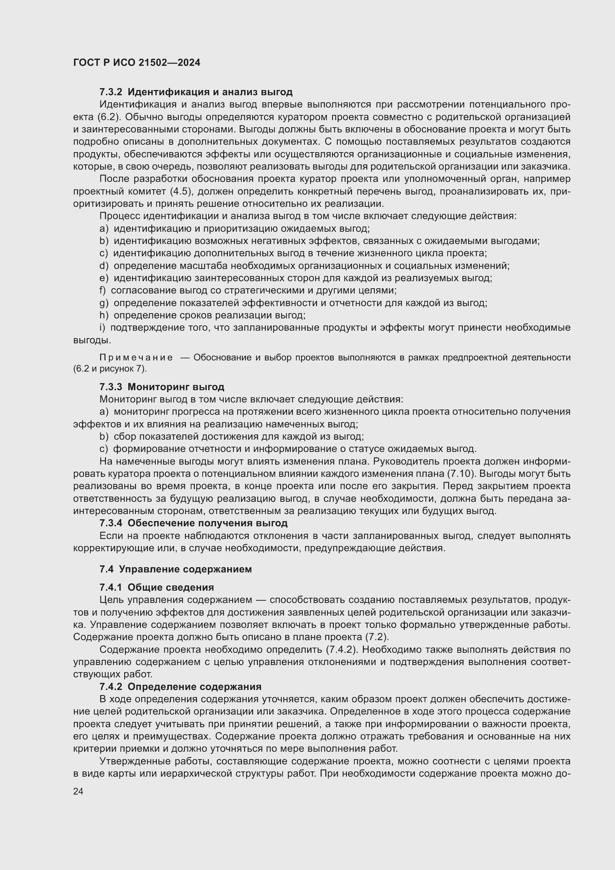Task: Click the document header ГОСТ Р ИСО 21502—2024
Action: tap(137, 62)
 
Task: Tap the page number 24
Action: tap(78, 791)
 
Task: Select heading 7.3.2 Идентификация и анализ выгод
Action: tap(196, 92)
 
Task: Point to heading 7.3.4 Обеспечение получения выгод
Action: tap(193, 523)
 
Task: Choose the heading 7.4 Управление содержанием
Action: tap(176, 569)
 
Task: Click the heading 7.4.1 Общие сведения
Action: tap(157, 587)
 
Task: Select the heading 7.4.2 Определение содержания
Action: tap(180, 687)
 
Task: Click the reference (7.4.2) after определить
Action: tap(342, 649)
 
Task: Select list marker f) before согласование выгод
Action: tap(102, 290)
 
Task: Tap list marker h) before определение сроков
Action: tap(103, 315)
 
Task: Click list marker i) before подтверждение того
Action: tap(102, 328)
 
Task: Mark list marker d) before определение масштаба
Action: tap(103, 266)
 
